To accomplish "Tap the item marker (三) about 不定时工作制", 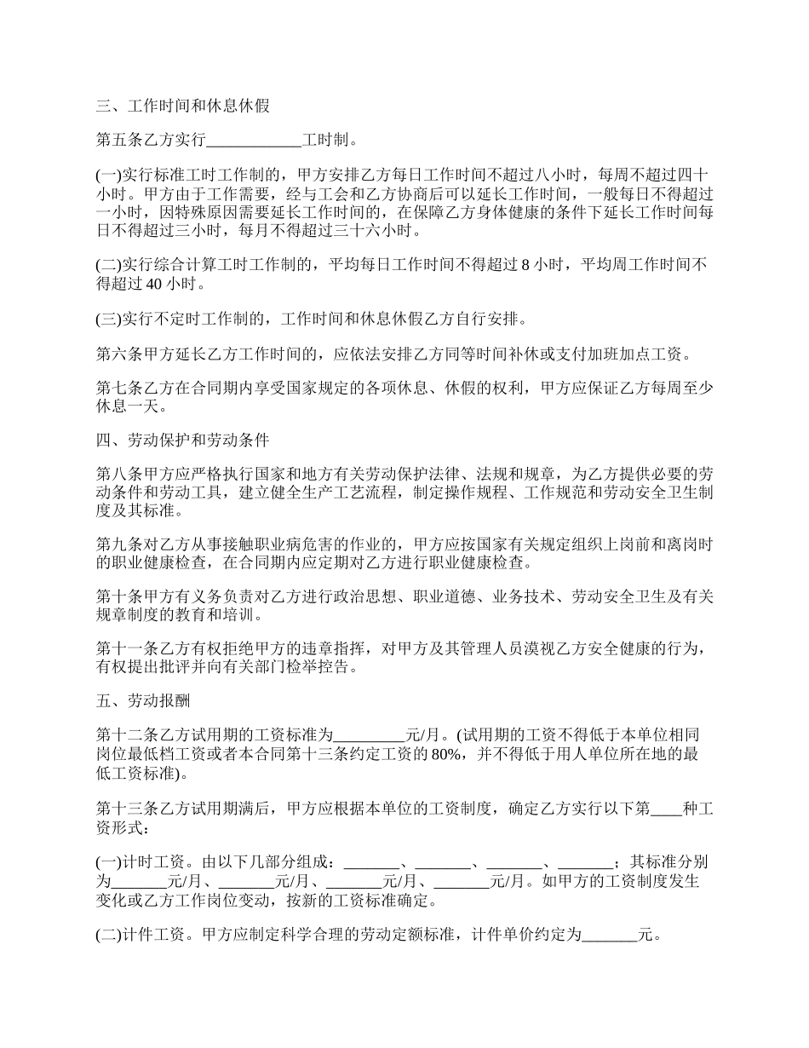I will [x=108, y=320].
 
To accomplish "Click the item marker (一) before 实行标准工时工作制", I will [x=108, y=174].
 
